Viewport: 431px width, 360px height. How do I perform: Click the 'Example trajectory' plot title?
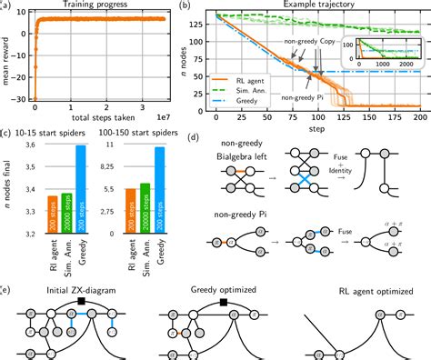[x=317, y=5]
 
